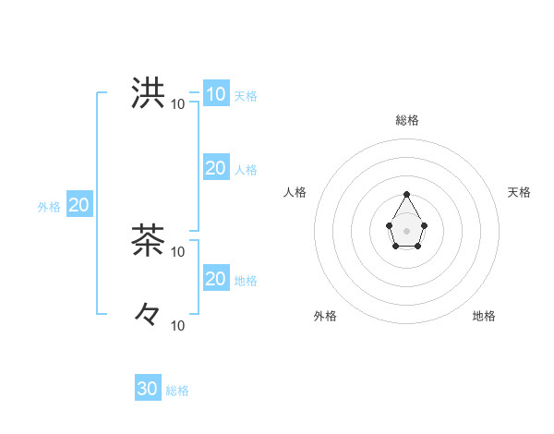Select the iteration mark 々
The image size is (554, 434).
[x=148, y=315]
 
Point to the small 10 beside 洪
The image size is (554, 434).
[x=178, y=103]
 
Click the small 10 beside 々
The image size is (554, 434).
[x=178, y=325]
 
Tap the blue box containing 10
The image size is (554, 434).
[x=215, y=94]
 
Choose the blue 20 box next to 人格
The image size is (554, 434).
[x=215, y=168]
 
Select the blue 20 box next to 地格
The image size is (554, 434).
[x=215, y=279]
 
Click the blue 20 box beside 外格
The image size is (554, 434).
[x=78, y=205]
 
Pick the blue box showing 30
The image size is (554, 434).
[x=148, y=389]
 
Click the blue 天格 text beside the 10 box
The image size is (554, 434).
[x=246, y=96]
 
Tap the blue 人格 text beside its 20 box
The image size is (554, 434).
[x=246, y=170]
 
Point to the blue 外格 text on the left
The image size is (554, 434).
[x=49, y=207]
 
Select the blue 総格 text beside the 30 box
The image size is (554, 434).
[x=177, y=391]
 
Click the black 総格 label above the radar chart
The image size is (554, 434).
[x=407, y=120]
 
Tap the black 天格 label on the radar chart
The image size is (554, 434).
[x=519, y=192]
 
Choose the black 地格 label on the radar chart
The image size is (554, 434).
[x=484, y=316]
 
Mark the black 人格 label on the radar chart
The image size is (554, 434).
[x=295, y=192]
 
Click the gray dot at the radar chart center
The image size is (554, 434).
[x=407, y=230]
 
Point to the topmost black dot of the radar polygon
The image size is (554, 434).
[x=407, y=195]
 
